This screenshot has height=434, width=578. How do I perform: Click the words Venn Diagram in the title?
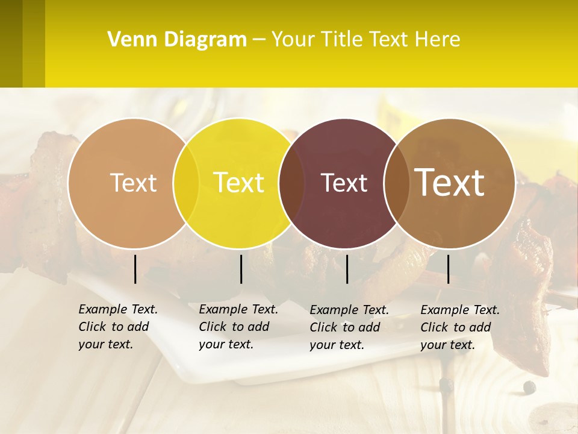177,40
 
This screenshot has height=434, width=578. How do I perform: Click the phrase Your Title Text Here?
365,40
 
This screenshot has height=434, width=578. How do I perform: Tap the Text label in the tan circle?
133,183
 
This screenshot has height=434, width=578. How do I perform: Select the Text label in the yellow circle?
239,183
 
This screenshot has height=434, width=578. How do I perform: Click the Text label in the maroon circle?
344,183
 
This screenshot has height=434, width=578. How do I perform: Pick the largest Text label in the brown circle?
450,182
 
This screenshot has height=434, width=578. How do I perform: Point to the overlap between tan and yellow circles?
186,183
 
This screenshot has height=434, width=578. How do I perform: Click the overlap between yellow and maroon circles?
291,183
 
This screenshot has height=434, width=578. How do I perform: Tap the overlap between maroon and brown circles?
397,183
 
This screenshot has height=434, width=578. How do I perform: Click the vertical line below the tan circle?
135,269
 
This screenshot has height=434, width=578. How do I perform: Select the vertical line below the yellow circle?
241,269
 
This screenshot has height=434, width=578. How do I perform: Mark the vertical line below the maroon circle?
347,269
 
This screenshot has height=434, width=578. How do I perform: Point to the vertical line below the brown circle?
448,269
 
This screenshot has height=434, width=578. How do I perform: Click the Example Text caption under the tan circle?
118,327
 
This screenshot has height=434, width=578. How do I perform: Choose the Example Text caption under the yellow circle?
238,327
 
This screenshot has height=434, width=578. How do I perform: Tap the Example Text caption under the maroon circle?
349,327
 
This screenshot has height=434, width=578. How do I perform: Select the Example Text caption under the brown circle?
460,327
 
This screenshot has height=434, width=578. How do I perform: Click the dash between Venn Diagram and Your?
259,40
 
